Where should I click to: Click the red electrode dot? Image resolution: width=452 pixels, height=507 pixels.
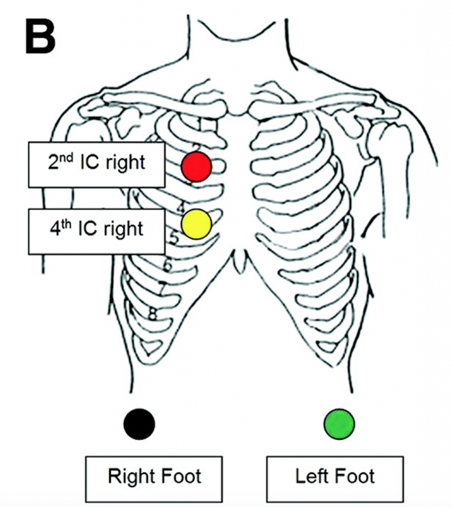click(197, 166)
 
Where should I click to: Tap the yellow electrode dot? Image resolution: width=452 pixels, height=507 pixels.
click(197, 224)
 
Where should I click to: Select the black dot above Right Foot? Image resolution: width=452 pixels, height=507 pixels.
click(139, 424)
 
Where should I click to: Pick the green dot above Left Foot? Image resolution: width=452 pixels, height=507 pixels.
click(339, 424)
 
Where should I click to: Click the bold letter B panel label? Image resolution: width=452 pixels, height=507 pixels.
click(40, 37)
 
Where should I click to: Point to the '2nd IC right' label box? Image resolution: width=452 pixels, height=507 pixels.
click(97, 165)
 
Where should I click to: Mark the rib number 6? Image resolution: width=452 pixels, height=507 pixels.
click(167, 266)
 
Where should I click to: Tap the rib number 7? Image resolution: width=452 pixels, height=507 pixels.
click(161, 287)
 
